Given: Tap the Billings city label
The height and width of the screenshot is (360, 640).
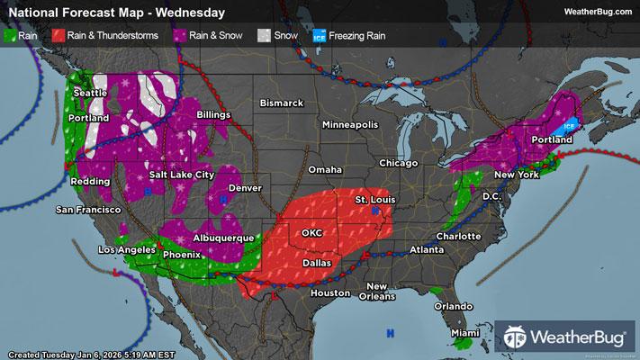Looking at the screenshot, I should pos(214,115).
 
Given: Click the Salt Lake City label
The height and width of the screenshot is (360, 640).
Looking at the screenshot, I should pos(182,174).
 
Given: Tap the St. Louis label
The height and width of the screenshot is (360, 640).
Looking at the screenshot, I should pos(374,198).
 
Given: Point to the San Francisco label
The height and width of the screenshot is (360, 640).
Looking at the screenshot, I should pos(88,210).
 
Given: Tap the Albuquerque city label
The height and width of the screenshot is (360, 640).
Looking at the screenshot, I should pos(223,238).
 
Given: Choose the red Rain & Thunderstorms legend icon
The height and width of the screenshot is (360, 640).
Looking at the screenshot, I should pos(58,37).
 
